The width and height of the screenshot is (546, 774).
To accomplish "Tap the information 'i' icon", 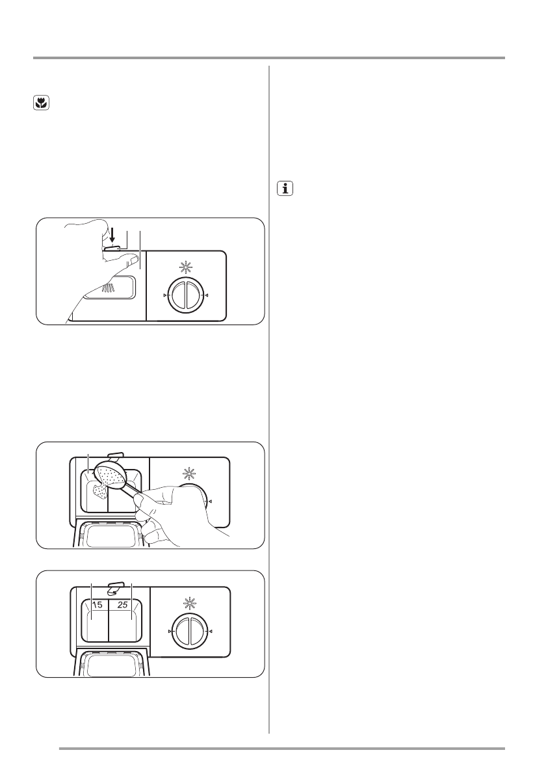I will [285, 189].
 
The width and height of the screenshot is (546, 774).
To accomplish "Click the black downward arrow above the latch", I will [111, 235].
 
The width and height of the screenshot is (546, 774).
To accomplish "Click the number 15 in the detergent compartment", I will [97, 605].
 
